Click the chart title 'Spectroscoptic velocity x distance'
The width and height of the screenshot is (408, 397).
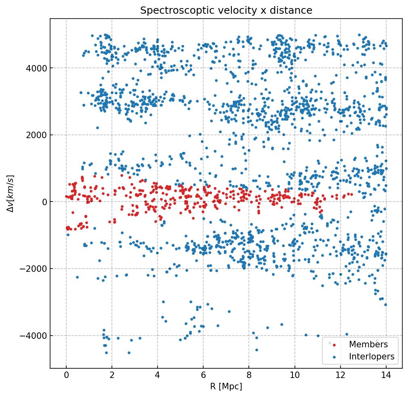(x=226, y=11)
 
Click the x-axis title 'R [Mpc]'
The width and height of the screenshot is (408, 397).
(x=226, y=386)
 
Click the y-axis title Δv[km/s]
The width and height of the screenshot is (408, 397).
(x=12, y=193)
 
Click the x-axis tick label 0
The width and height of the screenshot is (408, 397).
(x=66, y=376)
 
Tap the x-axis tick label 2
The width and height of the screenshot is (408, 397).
(x=112, y=376)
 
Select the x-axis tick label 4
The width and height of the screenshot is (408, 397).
(x=158, y=376)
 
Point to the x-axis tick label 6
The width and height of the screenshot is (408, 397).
(x=203, y=376)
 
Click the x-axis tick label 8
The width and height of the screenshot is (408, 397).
(x=249, y=376)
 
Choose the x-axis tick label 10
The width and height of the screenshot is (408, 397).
(x=294, y=376)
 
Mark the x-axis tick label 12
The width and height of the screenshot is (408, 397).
(x=340, y=376)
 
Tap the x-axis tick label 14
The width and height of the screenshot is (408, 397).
(x=386, y=376)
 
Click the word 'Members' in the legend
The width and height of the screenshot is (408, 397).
(x=368, y=344)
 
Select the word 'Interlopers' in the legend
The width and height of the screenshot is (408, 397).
(x=372, y=357)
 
